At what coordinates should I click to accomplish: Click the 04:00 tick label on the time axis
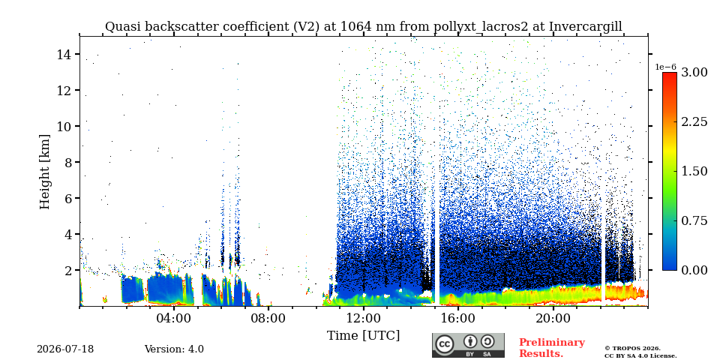pos(174,318)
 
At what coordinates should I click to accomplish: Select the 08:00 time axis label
pos(268,318)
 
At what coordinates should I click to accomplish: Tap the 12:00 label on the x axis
pos(364,318)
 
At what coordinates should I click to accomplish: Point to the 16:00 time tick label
pos(458,318)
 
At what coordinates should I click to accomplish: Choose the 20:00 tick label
pos(553,318)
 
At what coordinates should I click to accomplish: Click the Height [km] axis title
pos(44,172)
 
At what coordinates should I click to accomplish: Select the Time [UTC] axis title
pos(363,336)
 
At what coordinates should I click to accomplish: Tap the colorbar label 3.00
pos(694,72)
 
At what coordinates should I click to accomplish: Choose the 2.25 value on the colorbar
pos(694,121)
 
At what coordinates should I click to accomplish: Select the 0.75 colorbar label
pos(694,220)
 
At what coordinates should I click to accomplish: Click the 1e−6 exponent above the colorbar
pos(665,67)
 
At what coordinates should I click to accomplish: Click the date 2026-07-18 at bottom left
pos(65,349)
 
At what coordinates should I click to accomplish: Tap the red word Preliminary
pos(552,343)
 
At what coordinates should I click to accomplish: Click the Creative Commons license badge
pos(468,345)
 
